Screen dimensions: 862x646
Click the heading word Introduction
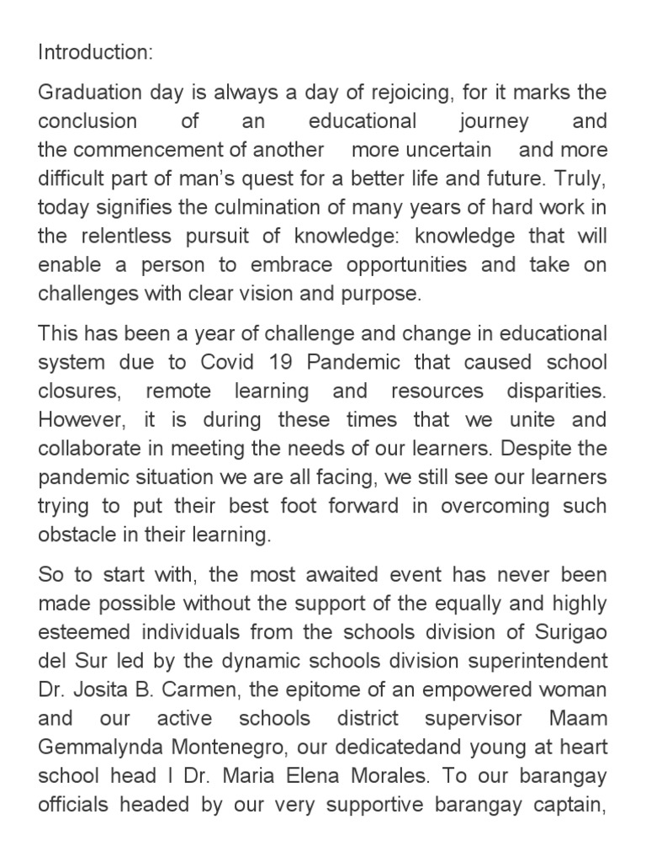(x=95, y=52)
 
